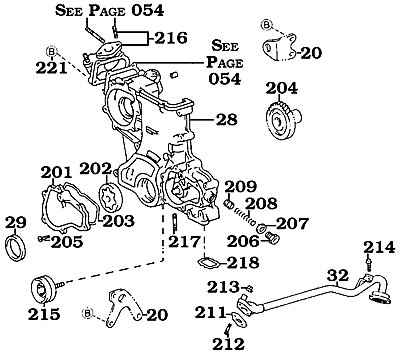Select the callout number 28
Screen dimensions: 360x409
(227, 120)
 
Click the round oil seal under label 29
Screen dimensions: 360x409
(19, 246)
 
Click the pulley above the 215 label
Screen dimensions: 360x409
(42, 287)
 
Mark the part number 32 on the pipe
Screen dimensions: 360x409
(338, 275)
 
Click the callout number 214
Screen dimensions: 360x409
(379, 247)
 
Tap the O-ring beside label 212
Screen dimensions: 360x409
(230, 321)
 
